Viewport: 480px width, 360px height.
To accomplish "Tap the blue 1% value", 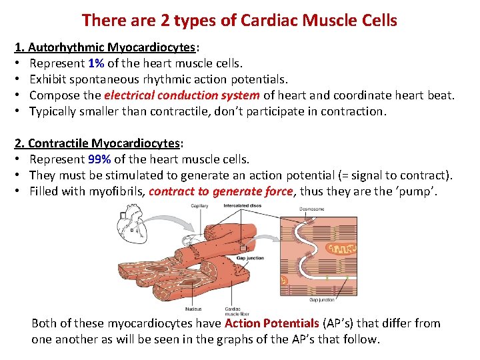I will click(95, 64).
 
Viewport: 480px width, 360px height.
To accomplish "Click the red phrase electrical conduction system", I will click(181, 95).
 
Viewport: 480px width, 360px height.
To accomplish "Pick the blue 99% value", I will click(99, 159).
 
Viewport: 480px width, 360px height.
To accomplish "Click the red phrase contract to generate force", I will click(221, 191).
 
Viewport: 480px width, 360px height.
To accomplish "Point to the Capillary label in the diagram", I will click(199, 206).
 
